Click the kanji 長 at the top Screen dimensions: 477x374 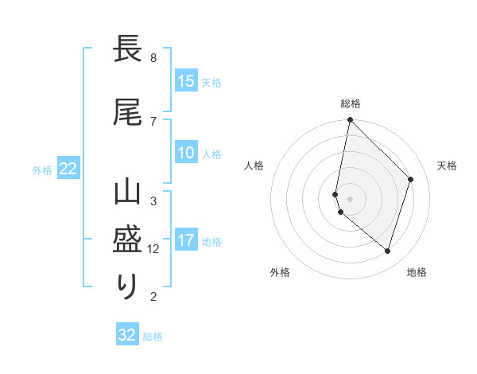(128, 49)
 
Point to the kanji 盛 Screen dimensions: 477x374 (128, 239)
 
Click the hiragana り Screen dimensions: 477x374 (128, 286)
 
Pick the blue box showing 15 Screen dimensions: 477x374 (186, 81)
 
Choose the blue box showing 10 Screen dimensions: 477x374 (186, 153)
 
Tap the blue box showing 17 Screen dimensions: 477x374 (186, 240)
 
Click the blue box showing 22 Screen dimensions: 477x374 (68, 168)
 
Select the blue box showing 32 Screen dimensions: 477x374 (127, 335)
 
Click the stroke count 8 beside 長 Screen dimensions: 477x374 (153, 58)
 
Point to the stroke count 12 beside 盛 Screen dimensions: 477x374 (153, 249)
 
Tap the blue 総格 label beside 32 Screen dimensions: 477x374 (153, 337)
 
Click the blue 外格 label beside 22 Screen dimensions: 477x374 (42, 169)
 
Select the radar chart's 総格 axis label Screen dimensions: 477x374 (351, 103)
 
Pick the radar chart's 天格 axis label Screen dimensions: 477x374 (448, 166)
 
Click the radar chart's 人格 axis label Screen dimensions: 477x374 (254, 166)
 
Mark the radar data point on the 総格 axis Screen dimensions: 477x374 (350, 120)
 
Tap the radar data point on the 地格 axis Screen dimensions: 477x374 (387, 251)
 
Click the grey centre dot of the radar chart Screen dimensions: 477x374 (350, 198)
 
